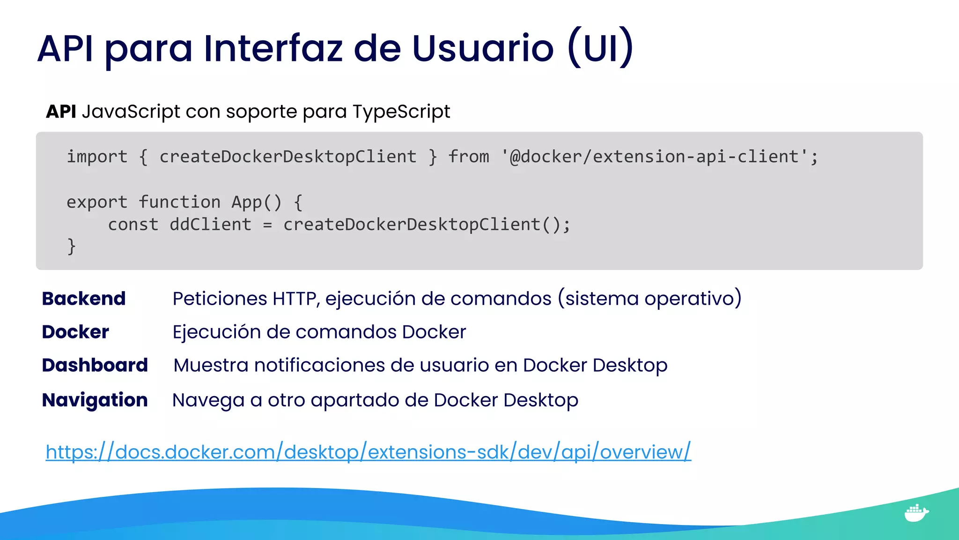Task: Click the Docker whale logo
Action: tap(916, 513)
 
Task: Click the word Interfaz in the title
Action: tap(273, 48)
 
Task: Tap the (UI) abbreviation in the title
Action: tap(600, 48)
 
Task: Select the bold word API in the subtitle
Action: tap(61, 112)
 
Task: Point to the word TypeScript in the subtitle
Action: tap(401, 112)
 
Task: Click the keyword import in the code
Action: tap(97, 157)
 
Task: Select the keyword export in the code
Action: tap(97, 202)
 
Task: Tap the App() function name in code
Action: tap(256, 202)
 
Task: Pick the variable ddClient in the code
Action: tap(210, 225)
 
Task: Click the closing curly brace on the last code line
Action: tap(72, 247)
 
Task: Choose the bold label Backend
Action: tap(84, 299)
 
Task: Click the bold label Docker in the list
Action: tap(75, 332)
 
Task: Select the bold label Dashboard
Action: tap(95, 365)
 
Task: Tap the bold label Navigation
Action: tap(95, 400)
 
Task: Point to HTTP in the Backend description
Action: tap(295, 299)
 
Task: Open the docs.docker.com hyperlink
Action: tap(368, 452)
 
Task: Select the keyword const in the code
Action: tap(133, 225)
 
